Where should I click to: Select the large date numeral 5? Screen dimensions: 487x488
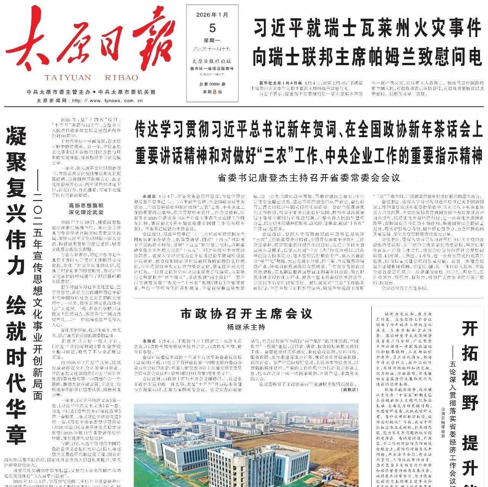tap(212, 28)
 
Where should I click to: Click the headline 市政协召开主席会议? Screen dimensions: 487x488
tap(246, 314)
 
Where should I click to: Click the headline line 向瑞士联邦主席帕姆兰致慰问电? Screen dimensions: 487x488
tap(367, 58)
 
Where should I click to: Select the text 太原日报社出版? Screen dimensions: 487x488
tap(212, 61)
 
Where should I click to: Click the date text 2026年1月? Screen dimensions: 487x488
tap(212, 15)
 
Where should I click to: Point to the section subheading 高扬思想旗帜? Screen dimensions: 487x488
tap(82, 205)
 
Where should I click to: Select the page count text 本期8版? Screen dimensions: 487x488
tap(212, 92)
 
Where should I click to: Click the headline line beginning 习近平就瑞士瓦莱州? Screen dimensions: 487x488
tap(367, 29)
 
